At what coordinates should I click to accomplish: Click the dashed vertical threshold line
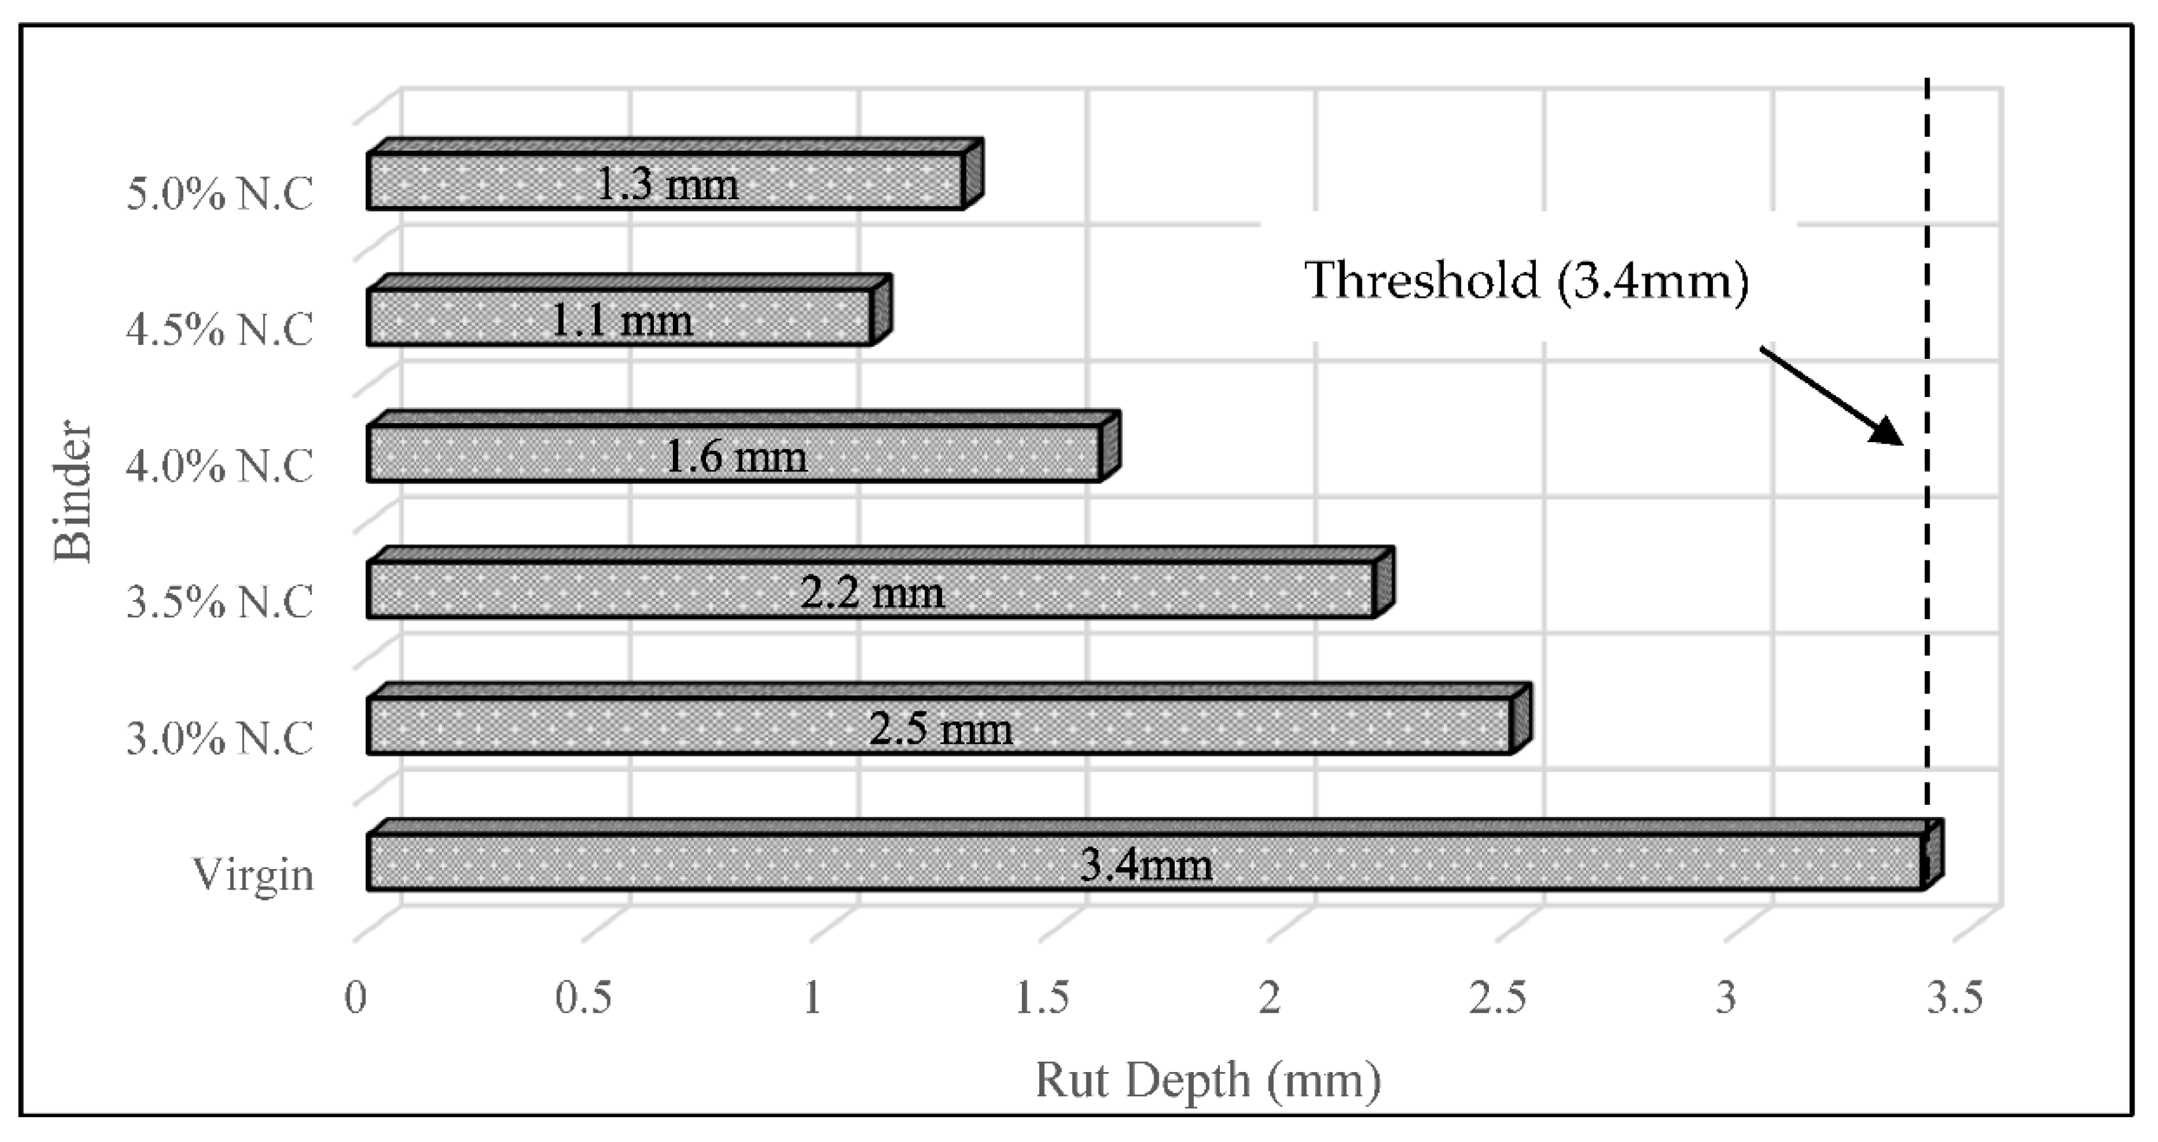pos(1926,587)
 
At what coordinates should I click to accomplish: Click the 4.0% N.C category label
pos(219,466)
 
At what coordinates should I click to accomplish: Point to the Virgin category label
pos(253,875)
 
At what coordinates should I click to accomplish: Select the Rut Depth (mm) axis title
pos(1208,1080)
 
